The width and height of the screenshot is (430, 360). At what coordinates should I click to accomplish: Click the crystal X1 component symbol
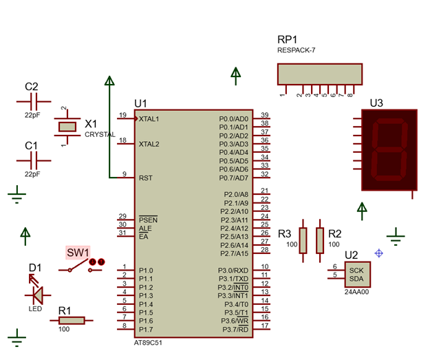click(x=67, y=127)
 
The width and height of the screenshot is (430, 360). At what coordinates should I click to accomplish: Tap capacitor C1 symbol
click(x=34, y=160)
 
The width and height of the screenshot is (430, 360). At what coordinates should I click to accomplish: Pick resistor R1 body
click(x=71, y=320)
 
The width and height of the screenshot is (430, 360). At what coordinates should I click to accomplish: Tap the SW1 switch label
click(x=78, y=253)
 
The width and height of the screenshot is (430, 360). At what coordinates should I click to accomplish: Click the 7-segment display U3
click(x=389, y=150)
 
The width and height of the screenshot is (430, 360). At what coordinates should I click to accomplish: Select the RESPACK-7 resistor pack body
click(x=319, y=74)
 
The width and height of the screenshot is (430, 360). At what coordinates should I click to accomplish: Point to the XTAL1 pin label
click(x=149, y=119)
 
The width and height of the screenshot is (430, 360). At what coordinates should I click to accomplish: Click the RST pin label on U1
click(x=145, y=178)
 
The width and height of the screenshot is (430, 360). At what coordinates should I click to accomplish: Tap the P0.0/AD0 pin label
click(x=233, y=119)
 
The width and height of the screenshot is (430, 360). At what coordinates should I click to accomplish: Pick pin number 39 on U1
click(x=264, y=115)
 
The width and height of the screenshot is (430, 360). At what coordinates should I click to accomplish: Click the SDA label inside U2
click(x=356, y=279)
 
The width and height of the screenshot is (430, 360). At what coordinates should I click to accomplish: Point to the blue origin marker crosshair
click(x=378, y=253)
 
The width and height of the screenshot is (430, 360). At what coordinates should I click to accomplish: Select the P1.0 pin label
click(x=146, y=271)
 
